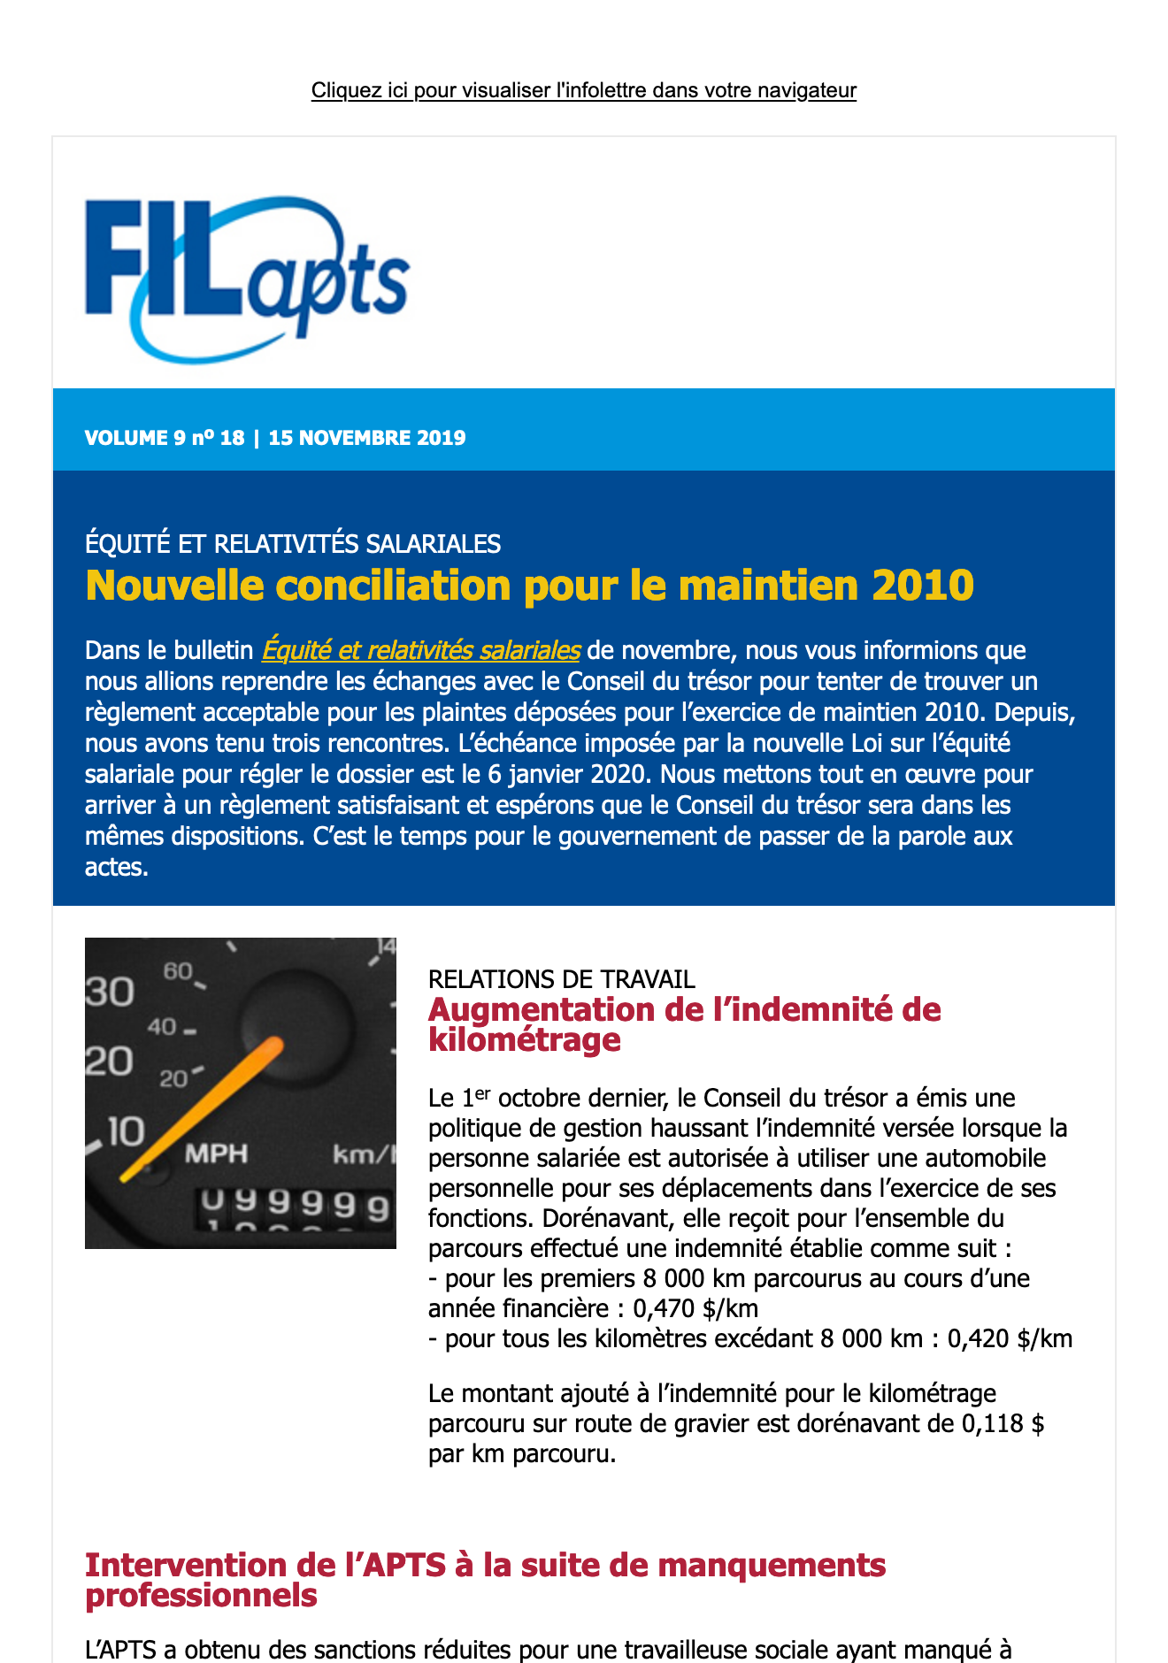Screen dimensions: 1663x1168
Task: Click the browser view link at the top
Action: click(583, 90)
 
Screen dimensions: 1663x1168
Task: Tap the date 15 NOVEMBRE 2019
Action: click(366, 438)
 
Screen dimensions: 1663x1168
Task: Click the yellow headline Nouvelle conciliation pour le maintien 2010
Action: click(529, 586)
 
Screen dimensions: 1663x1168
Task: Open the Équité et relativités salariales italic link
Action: click(420, 650)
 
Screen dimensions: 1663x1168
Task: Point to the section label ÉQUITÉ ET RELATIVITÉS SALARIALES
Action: click(292, 544)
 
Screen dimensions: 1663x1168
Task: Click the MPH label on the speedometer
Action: click(216, 1153)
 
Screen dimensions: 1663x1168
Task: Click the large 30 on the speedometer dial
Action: click(110, 992)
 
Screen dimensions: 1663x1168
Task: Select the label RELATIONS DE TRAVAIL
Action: click(561, 979)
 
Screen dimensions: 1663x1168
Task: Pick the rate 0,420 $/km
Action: click(1010, 1338)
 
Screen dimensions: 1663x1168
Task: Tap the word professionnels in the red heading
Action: click(201, 1595)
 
